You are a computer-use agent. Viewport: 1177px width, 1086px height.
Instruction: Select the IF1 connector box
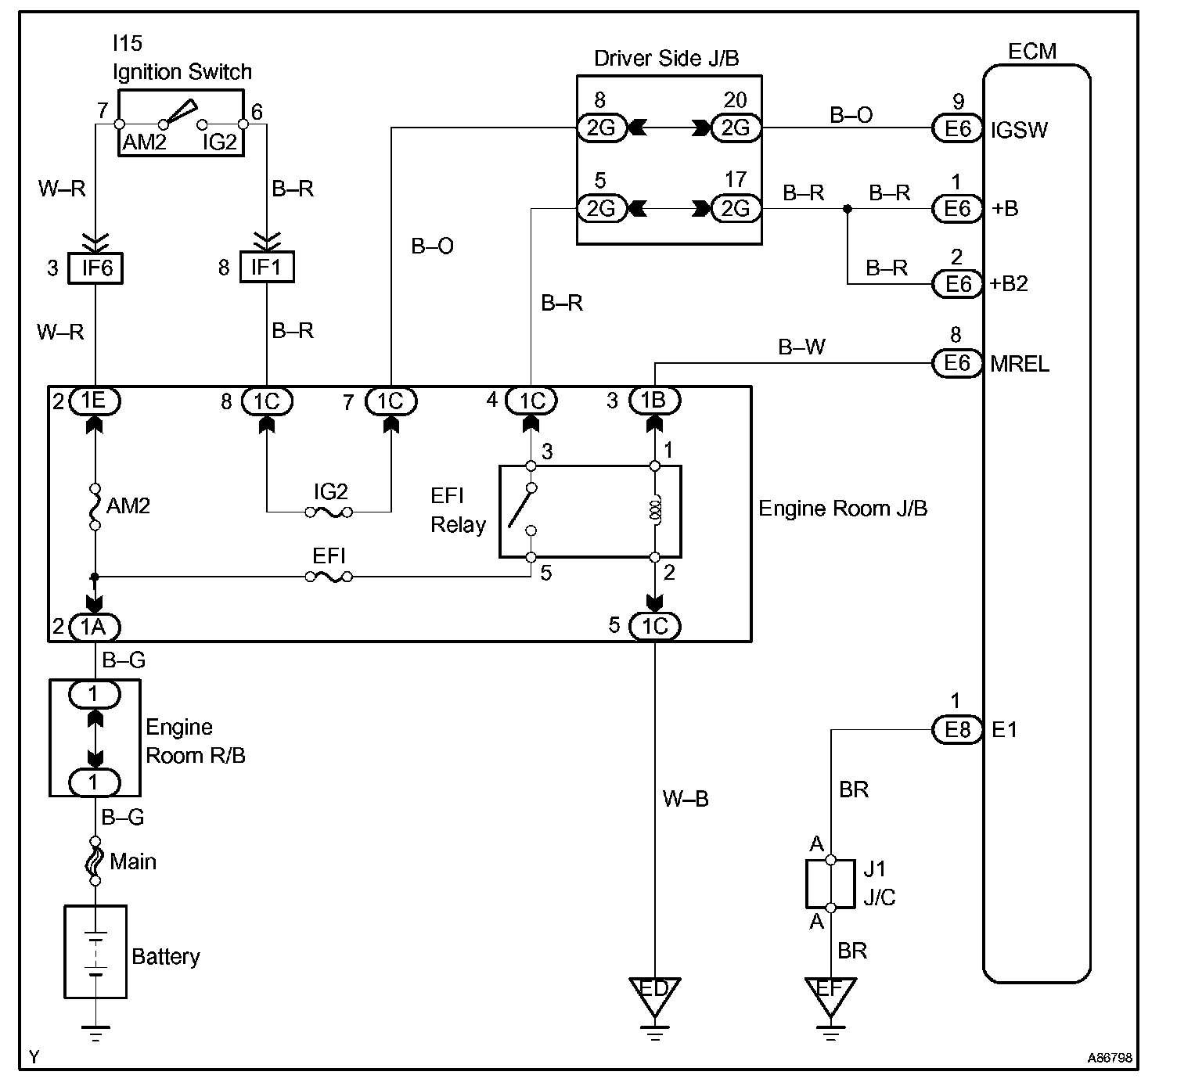click(x=266, y=268)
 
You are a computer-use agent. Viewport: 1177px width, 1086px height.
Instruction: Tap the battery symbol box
click(x=95, y=951)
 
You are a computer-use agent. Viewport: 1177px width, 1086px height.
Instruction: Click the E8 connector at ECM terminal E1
click(x=957, y=729)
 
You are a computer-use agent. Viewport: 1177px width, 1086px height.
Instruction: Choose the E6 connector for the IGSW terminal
click(x=957, y=128)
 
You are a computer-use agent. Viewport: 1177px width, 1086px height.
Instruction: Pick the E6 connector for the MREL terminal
click(x=957, y=363)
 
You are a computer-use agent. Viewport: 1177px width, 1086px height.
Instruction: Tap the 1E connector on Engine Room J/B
click(x=95, y=401)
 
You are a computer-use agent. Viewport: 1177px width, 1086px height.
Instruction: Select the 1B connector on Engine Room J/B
click(x=654, y=401)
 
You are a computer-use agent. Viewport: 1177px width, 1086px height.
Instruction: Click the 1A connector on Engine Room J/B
click(x=95, y=626)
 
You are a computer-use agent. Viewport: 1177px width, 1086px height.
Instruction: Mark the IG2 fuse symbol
click(x=329, y=512)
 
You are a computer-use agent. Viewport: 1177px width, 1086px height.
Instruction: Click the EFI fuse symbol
click(x=329, y=577)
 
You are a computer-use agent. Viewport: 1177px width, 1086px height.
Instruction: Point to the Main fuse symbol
click(x=95, y=861)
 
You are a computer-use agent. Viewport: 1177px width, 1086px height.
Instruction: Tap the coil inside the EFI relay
click(x=656, y=510)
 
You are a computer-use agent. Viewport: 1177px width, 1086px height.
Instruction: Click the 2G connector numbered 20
click(x=736, y=128)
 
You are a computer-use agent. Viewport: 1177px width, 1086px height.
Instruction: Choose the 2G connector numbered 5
click(x=601, y=208)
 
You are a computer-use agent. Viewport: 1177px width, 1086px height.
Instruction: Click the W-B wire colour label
click(x=686, y=799)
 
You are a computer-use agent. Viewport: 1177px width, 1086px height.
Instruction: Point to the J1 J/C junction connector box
click(x=830, y=883)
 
